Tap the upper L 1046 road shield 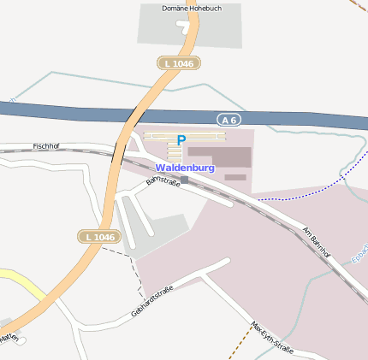[178, 63]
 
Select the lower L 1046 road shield [100, 236]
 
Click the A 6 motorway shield [228, 121]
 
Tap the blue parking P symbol [181, 140]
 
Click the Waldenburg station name [185, 168]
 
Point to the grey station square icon [184, 180]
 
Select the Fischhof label [45, 146]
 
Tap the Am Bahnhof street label [317, 242]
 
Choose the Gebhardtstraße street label [152, 301]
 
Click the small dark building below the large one [235, 177]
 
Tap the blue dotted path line [300, 194]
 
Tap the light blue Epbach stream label [359, 255]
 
